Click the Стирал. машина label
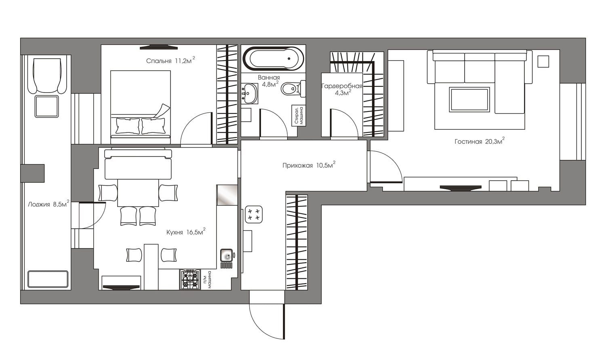point(299,116)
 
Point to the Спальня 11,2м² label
point(170,60)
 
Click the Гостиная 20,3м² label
point(480,141)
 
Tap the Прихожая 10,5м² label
point(309,165)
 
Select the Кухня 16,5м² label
point(186,232)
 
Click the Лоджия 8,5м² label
point(49,204)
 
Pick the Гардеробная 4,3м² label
point(342,89)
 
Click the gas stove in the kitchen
point(190,280)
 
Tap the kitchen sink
point(226,255)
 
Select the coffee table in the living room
point(469,99)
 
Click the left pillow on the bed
point(128,126)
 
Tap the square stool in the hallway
point(253,214)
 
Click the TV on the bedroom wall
point(159,48)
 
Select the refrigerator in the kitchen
point(227,195)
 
